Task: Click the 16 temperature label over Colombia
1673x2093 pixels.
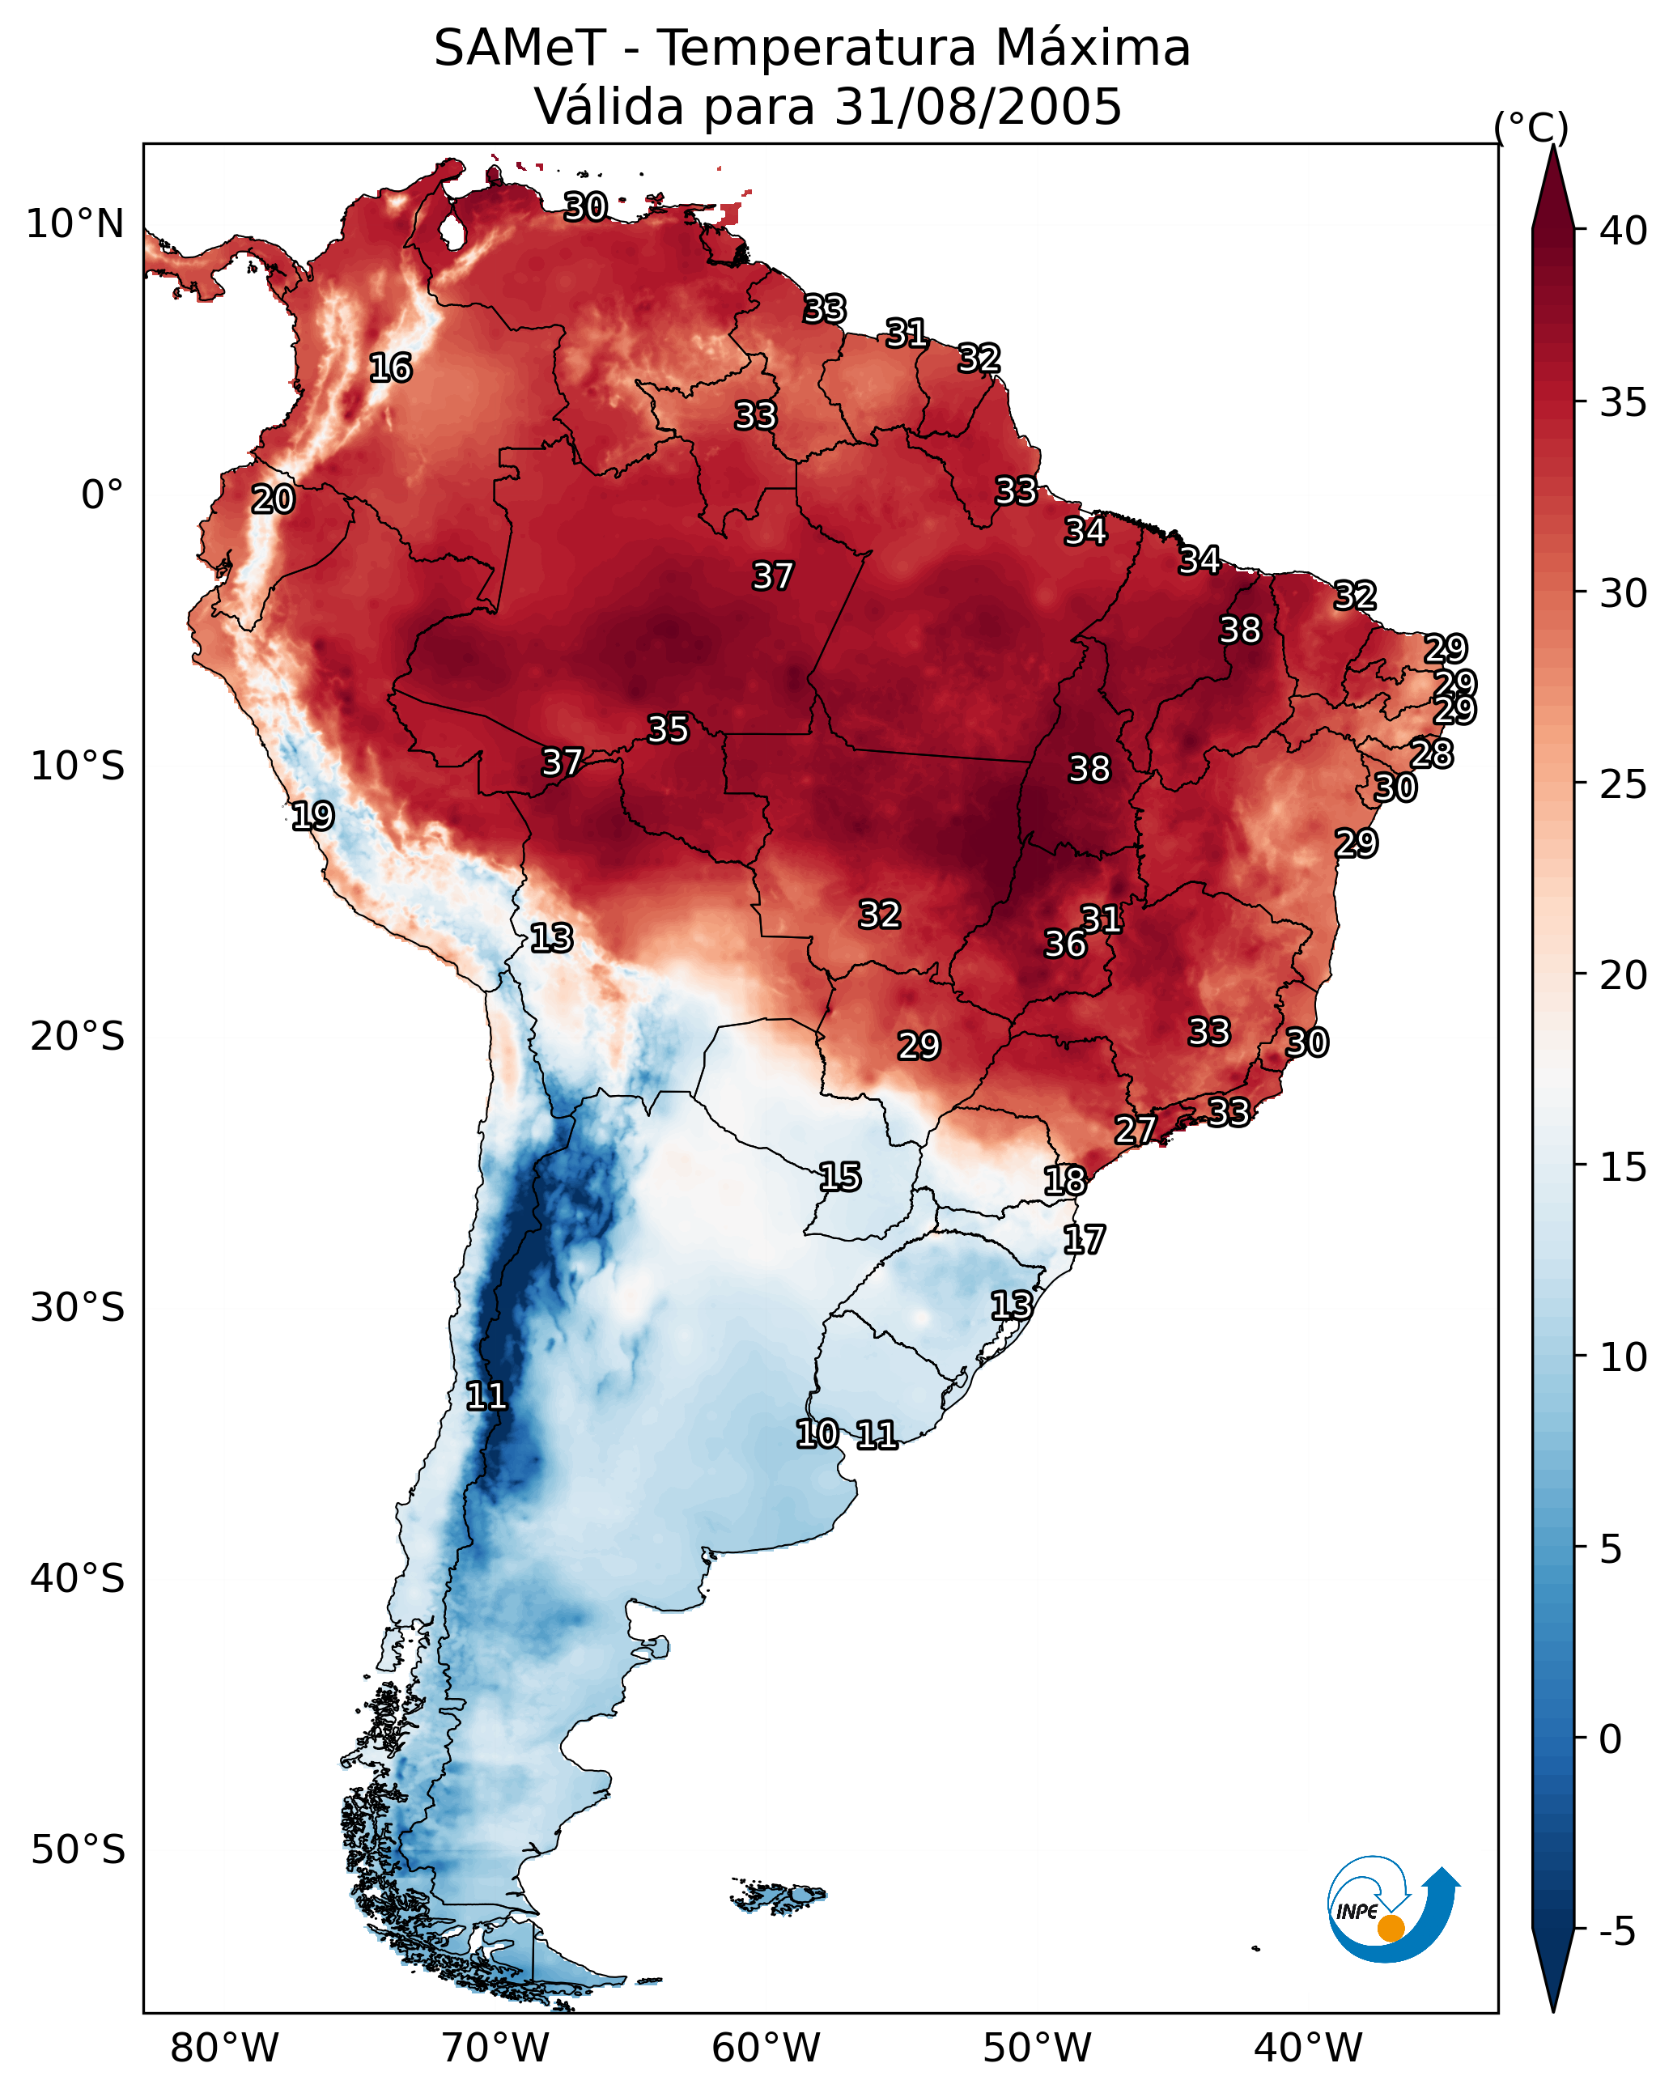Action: [x=390, y=368]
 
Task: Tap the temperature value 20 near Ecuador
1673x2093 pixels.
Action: [x=273, y=500]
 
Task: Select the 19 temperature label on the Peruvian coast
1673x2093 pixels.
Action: [x=312, y=817]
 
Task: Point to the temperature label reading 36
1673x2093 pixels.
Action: [x=1065, y=944]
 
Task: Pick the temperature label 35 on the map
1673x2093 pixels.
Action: [x=668, y=729]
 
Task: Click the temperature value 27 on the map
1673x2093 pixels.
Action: [x=1135, y=1130]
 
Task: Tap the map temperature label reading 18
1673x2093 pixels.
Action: [x=1065, y=1182]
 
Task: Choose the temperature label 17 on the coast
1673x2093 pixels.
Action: [x=1084, y=1240]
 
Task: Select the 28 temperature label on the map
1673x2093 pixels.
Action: [x=1432, y=754]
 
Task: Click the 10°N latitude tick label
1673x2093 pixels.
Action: [x=74, y=224]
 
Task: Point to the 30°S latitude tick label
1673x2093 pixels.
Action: [x=78, y=1308]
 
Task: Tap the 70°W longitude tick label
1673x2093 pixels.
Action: [x=495, y=2048]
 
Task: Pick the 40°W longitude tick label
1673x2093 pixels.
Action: [x=1308, y=2048]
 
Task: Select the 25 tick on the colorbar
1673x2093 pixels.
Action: [x=1624, y=784]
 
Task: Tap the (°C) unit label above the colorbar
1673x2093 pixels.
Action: [x=1531, y=127]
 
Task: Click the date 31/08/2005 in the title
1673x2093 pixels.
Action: [x=978, y=107]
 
